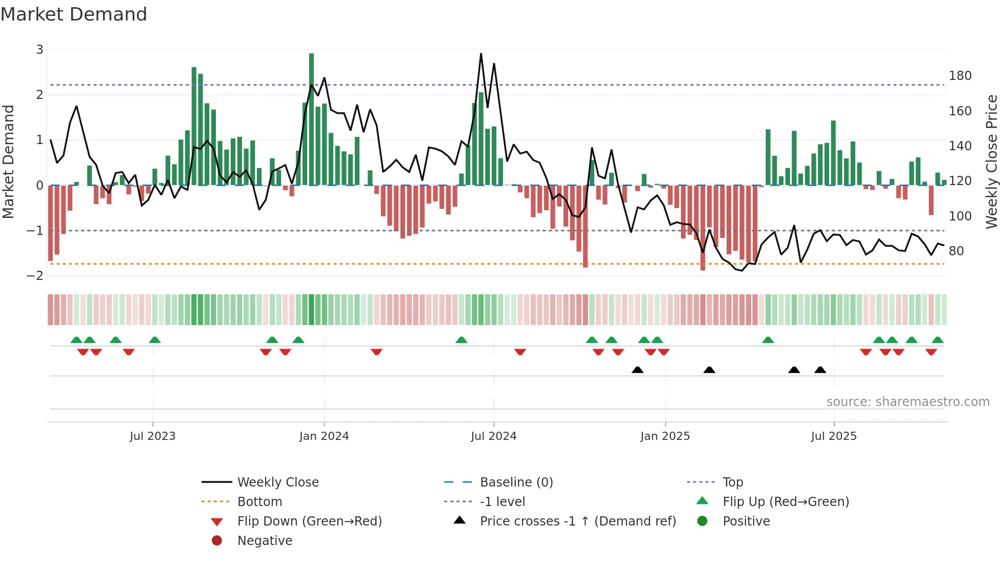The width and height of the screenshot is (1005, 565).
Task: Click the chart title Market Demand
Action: coord(74,14)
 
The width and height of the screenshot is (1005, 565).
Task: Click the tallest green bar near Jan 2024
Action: coord(311,118)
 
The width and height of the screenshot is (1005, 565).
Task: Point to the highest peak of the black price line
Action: coord(481,54)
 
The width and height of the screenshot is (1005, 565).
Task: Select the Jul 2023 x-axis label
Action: coord(152,436)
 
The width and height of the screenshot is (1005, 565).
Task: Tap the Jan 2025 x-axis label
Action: coord(665,436)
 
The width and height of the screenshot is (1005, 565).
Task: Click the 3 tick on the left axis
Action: coord(39,50)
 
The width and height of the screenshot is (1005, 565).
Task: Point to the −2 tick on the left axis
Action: coord(35,276)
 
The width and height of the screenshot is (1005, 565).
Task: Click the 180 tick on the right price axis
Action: coord(960,76)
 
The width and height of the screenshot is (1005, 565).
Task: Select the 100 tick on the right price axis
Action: coord(960,216)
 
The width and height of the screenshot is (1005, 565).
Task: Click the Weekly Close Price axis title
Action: coord(992,162)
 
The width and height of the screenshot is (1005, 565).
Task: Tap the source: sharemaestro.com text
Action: coord(908,402)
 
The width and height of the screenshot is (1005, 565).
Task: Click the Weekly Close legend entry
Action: coord(277,482)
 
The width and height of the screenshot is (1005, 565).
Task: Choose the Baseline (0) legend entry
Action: coord(516,482)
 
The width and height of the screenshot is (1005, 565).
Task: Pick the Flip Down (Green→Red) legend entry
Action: coord(309,521)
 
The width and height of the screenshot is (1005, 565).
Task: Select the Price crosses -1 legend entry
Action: coord(577,521)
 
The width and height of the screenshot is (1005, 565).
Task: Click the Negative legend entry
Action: coord(265,541)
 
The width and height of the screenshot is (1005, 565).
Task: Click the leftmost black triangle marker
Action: coord(637,370)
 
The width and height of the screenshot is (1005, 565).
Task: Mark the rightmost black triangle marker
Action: coord(820,370)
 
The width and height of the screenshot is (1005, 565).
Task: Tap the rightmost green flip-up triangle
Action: coord(937,340)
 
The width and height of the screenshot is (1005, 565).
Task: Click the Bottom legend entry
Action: coord(259,502)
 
